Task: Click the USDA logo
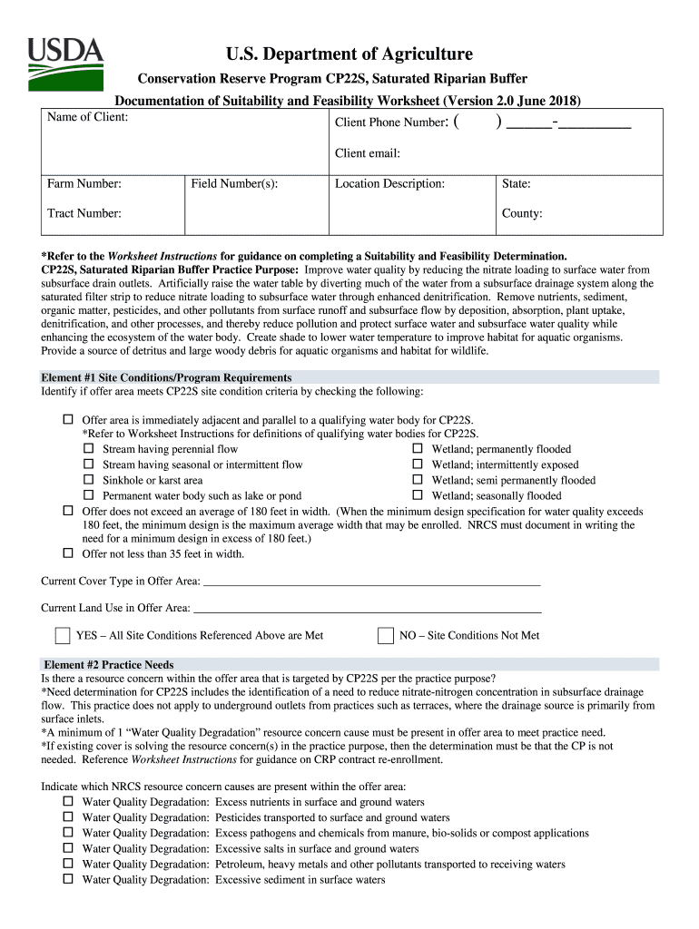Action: coord(65,62)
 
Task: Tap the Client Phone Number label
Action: coord(391,122)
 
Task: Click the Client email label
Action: coord(368,153)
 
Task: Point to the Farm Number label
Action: coord(84,184)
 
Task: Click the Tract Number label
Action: coord(84,213)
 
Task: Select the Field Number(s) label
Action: coord(234,184)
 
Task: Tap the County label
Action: coord(522,213)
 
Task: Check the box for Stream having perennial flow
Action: coord(89,449)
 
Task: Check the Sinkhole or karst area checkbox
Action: coord(89,480)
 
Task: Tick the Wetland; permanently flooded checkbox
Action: coord(418,449)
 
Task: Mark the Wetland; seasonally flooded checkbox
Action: coord(418,495)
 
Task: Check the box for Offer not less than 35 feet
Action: coord(68,553)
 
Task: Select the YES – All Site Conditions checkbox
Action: coord(63,634)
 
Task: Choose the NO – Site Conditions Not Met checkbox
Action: coord(386,634)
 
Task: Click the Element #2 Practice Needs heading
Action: coord(108,665)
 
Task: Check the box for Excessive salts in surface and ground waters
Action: coord(68,848)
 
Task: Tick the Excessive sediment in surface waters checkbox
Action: coord(68,879)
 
